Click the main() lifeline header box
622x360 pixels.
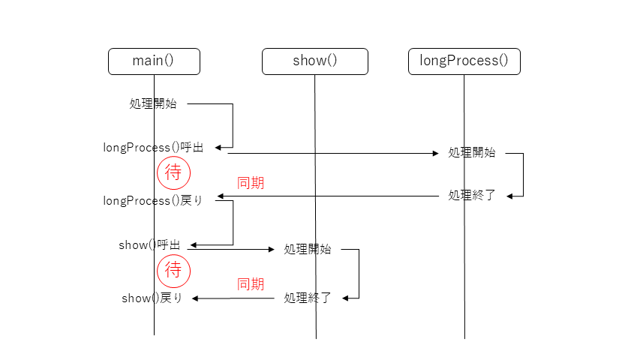[x=154, y=61]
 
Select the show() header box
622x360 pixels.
[x=314, y=61]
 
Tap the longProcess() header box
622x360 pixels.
[x=464, y=61]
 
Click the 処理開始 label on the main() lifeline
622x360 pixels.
[x=153, y=104]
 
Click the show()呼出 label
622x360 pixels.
[x=149, y=245]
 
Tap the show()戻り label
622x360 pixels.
[x=152, y=298]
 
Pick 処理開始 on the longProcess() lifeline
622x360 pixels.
[x=471, y=152]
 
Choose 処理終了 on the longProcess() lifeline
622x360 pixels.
[x=471, y=196]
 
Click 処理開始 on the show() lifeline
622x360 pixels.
[x=308, y=250]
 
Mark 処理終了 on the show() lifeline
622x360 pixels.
[x=308, y=298]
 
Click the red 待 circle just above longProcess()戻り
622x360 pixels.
[x=173, y=173]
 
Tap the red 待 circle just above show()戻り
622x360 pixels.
[x=173, y=270]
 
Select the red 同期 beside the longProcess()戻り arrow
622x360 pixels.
[x=251, y=183]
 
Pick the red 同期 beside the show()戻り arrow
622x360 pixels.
[x=251, y=284]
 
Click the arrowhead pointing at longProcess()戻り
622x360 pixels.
[x=221, y=196]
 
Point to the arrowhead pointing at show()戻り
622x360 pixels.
[x=195, y=298]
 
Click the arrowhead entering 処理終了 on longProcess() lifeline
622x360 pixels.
[x=509, y=196]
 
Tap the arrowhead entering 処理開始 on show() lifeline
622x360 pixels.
[x=272, y=250]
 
